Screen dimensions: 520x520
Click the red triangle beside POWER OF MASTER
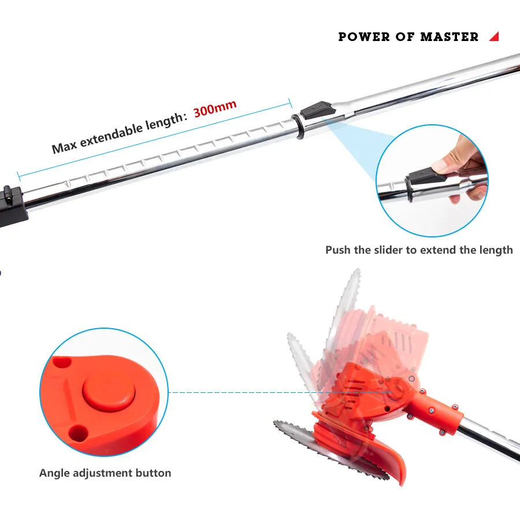(495, 37)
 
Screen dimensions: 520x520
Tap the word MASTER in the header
(450, 37)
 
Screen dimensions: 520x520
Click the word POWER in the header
(364, 37)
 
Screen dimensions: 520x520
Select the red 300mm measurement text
(215, 108)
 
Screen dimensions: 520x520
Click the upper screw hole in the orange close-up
(62, 362)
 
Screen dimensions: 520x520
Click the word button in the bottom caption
(154, 473)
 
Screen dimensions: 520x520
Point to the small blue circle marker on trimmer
(411, 378)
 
